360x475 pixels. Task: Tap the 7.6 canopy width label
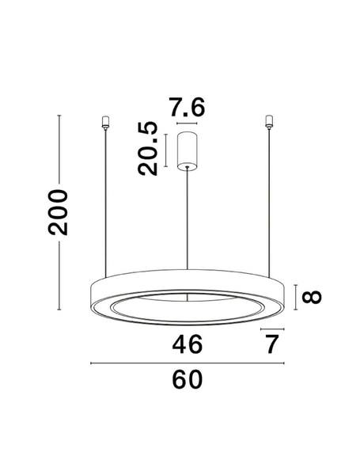coord(187,106)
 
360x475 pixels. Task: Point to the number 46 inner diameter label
coord(187,344)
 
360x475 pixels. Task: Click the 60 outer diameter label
coord(187,380)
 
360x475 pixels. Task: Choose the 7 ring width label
coord(272,344)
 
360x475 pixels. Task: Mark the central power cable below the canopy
coord(188,222)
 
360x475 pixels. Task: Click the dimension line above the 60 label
coord(187,363)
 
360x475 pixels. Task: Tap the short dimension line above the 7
coord(271,328)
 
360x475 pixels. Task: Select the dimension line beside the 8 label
coord(296,297)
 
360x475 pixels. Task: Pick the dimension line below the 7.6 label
coord(188,124)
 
